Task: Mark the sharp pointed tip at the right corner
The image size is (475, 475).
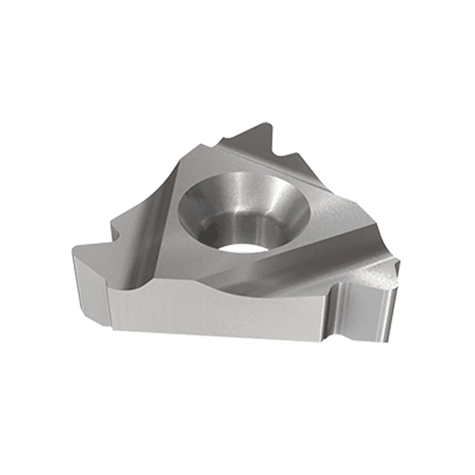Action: point(397,260)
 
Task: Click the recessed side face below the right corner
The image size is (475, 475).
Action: point(362,311)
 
